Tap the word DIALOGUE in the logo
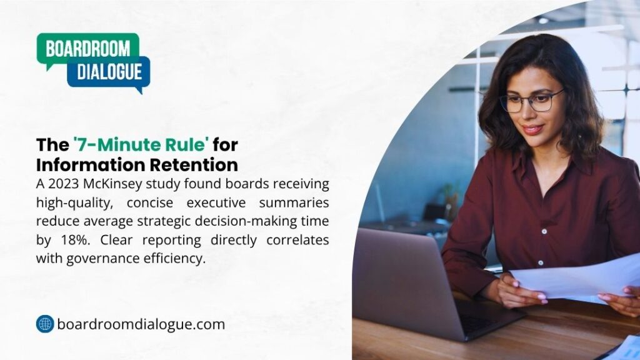click(x=110, y=71)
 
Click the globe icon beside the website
click(x=45, y=324)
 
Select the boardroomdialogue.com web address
click(x=141, y=324)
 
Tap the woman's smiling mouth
click(x=533, y=129)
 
